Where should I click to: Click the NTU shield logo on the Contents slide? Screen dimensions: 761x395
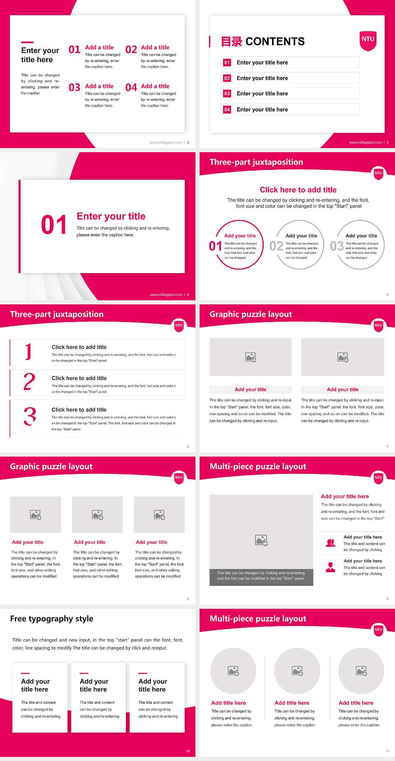[368, 40]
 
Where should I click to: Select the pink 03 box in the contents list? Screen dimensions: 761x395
[227, 94]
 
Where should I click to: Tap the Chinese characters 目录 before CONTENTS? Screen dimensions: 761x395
[231, 42]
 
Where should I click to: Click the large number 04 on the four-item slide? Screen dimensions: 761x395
[131, 88]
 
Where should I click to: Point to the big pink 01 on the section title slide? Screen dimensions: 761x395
[53, 225]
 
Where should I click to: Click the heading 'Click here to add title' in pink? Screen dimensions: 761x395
[298, 190]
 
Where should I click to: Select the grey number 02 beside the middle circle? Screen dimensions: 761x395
[276, 246]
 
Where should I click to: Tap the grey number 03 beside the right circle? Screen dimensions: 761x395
[337, 246]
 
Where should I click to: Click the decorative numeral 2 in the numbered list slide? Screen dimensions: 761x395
[29, 382]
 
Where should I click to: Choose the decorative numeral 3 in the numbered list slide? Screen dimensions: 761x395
[30, 416]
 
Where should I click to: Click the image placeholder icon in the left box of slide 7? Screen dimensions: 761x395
[251, 357]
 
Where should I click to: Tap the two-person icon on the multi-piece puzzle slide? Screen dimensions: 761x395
[330, 543]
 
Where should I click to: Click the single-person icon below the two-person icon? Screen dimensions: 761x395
[330, 567]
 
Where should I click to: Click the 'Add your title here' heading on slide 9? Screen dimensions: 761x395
[345, 497]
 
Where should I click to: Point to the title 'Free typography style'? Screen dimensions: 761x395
[51, 619]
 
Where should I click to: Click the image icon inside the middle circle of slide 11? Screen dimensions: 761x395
[297, 671]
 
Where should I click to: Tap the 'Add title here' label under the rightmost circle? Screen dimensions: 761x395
[356, 703]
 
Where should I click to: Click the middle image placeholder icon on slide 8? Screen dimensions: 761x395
[98, 515]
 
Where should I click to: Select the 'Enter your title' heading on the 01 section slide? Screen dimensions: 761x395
[111, 216]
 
